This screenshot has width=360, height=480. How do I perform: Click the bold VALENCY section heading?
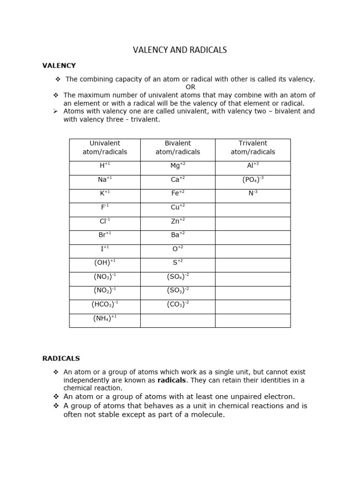point(59,66)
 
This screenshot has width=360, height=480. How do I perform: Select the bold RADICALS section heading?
point(61,359)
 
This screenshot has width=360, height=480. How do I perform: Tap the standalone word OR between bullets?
point(190,87)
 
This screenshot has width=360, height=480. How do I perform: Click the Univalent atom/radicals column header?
point(105,148)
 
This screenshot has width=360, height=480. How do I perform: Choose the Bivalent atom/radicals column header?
point(178,148)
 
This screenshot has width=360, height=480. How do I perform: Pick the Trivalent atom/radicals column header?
point(253,148)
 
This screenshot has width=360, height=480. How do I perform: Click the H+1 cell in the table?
point(105,165)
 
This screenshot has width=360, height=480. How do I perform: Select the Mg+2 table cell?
point(178,165)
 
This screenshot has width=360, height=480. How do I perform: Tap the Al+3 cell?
point(253,165)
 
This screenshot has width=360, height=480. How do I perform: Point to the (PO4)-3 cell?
point(253,180)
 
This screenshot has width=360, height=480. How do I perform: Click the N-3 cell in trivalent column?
point(253,193)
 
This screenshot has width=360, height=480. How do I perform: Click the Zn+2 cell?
point(178,221)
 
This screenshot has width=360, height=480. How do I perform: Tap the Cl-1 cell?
point(105,221)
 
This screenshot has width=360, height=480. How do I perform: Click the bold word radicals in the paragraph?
point(172,380)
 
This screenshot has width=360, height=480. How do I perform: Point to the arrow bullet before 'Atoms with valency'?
point(55,112)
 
